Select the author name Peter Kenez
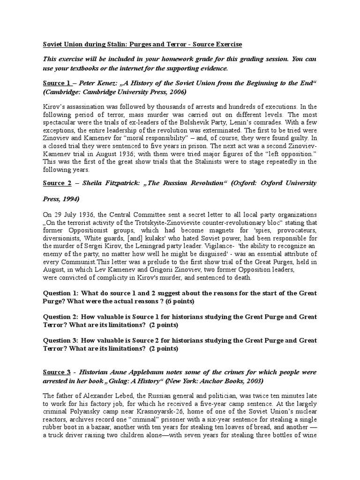pos(92,83)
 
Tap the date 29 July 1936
pos(74,214)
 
